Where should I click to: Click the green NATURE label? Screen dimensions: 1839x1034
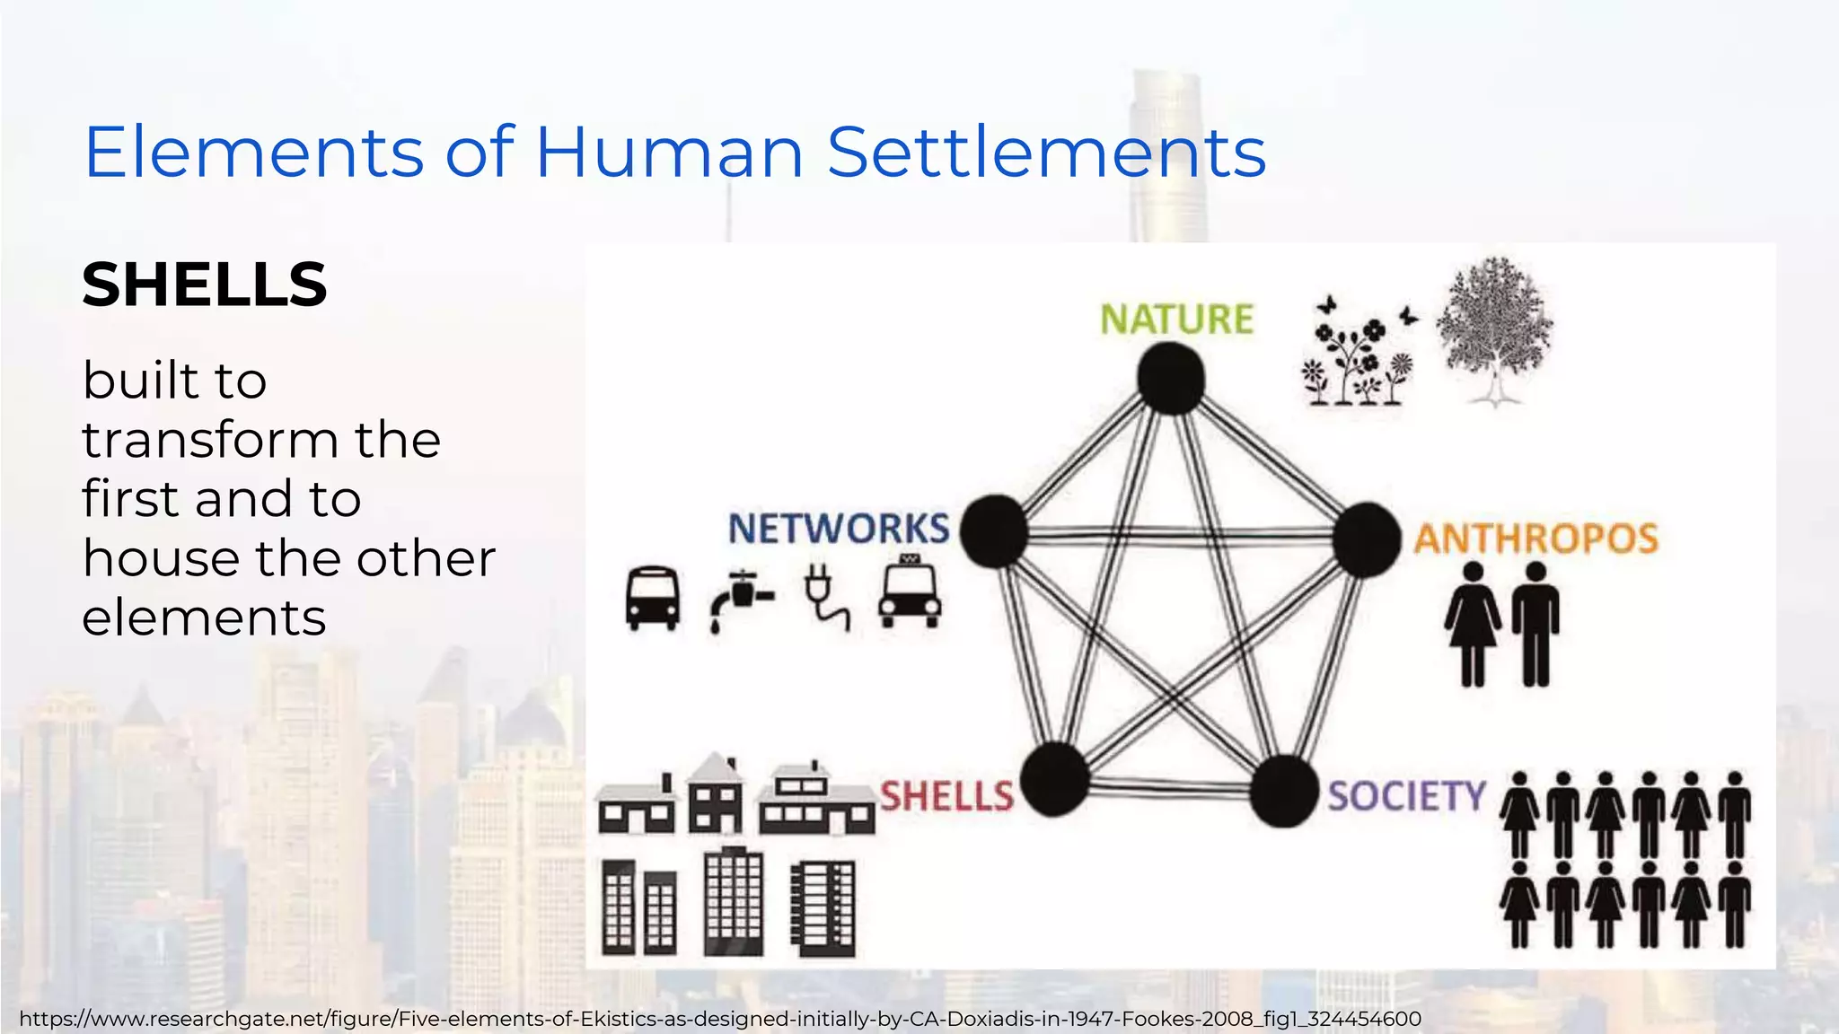click(x=1176, y=320)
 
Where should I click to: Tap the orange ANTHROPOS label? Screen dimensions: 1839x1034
click(x=1535, y=539)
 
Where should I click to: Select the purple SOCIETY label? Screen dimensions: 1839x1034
click(x=1407, y=796)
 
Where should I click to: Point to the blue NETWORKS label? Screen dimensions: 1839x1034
click(x=838, y=529)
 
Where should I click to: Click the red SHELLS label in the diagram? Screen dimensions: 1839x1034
click(x=946, y=796)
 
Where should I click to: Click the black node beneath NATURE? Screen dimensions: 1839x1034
click(x=1171, y=378)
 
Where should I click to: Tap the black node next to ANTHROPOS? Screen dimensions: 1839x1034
click(x=1367, y=539)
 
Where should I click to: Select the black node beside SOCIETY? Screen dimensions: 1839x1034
click(x=1284, y=791)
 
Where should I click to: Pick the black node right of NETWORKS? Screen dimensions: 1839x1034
click(x=994, y=530)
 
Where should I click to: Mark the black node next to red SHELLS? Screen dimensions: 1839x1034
click(x=1055, y=779)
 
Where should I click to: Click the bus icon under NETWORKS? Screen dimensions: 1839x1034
click(x=653, y=598)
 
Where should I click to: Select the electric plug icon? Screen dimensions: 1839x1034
click(x=826, y=597)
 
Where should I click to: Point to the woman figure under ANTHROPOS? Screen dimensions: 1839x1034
click(x=1473, y=624)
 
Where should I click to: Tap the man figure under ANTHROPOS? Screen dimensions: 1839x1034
click(x=1535, y=624)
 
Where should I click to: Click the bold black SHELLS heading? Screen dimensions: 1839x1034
click(x=205, y=285)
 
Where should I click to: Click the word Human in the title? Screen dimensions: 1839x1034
click(x=669, y=152)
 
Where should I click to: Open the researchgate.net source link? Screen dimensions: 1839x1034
click(x=719, y=1019)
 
